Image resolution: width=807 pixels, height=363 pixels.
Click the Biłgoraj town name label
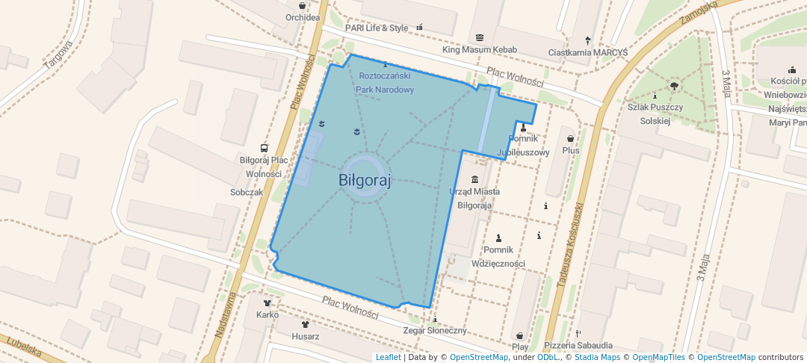tap(365, 180)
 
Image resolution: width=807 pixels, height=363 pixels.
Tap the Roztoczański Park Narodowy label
tap(385, 83)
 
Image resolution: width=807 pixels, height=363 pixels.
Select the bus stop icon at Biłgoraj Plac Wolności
tap(264, 148)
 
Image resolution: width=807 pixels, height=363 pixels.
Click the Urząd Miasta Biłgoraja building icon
tap(474, 179)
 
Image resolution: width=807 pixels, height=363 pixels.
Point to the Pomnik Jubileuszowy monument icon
tap(522, 128)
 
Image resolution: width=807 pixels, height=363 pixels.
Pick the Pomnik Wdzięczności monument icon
tap(498, 239)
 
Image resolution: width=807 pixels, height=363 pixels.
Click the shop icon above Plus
tap(571, 138)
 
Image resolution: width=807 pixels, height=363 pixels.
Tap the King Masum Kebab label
tap(479, 50)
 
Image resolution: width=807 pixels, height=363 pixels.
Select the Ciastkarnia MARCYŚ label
tap(588, 52)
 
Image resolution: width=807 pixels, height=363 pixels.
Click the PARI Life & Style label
tap(377, 28)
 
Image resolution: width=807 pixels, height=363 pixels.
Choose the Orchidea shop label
tap(303, 17)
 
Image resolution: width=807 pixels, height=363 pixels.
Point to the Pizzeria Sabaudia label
tap(578, 345)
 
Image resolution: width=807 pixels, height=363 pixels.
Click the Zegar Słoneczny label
tap(435, 330)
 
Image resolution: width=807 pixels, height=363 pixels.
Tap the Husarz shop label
tap(306, 336)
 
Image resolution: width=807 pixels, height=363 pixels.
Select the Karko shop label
tap(268, 314)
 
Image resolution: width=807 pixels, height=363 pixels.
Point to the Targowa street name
tap(58, 55)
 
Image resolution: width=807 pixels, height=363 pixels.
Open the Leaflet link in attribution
tap(388, 357)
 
